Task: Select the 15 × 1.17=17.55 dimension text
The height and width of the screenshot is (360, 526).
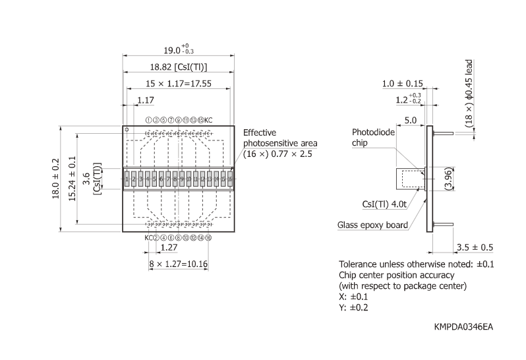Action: tap(179, 84)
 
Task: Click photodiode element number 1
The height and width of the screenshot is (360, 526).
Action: tap(126, 179)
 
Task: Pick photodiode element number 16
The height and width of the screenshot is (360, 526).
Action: tap(230, 179)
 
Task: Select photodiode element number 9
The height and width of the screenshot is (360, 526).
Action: tap(181, 179)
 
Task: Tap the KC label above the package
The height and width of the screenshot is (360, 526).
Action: tap(208, 120)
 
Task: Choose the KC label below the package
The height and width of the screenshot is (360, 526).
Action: tap(148, 237)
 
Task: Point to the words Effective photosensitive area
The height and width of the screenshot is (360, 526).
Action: tap(280, 138)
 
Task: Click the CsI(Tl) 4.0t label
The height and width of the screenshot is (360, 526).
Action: tap(386, 204)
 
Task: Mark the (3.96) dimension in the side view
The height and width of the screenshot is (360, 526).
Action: tap(448, 179)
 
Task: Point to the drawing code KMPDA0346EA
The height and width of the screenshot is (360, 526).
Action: tap(463, 326)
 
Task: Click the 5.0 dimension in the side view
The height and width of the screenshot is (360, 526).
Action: tap(410, 121)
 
